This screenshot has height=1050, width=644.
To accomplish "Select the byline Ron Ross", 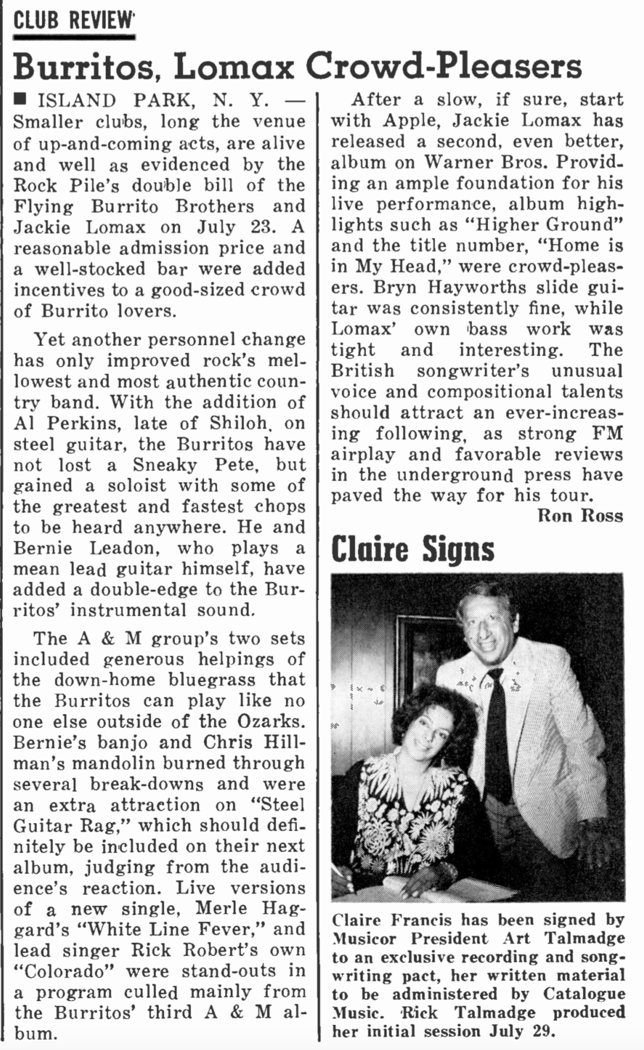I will [x=580, y=515].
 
